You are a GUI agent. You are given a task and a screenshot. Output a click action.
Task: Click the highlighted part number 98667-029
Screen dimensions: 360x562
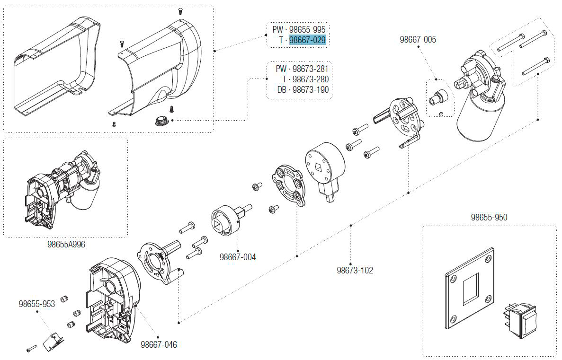point(307,40)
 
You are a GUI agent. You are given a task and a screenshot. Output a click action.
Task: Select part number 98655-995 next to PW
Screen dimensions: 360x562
point(307,29)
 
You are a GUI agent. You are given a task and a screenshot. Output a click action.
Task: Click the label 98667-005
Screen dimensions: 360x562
point(418,40)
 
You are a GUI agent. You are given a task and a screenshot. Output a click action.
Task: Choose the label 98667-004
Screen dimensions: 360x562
point(238,257)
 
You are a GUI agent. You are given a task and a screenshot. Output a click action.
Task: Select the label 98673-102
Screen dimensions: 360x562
point(355,271)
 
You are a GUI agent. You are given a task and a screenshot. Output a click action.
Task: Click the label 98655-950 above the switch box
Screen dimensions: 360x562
point(489,218)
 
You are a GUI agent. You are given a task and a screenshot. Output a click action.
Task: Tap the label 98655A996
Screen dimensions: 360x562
point(66,244)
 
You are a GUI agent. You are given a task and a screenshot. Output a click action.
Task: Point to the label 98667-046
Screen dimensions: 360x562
point(159,345)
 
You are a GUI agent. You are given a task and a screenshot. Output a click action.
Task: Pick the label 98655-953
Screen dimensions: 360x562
point(37,304)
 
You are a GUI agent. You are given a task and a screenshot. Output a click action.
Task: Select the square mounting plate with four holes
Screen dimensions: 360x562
point(469,289)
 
